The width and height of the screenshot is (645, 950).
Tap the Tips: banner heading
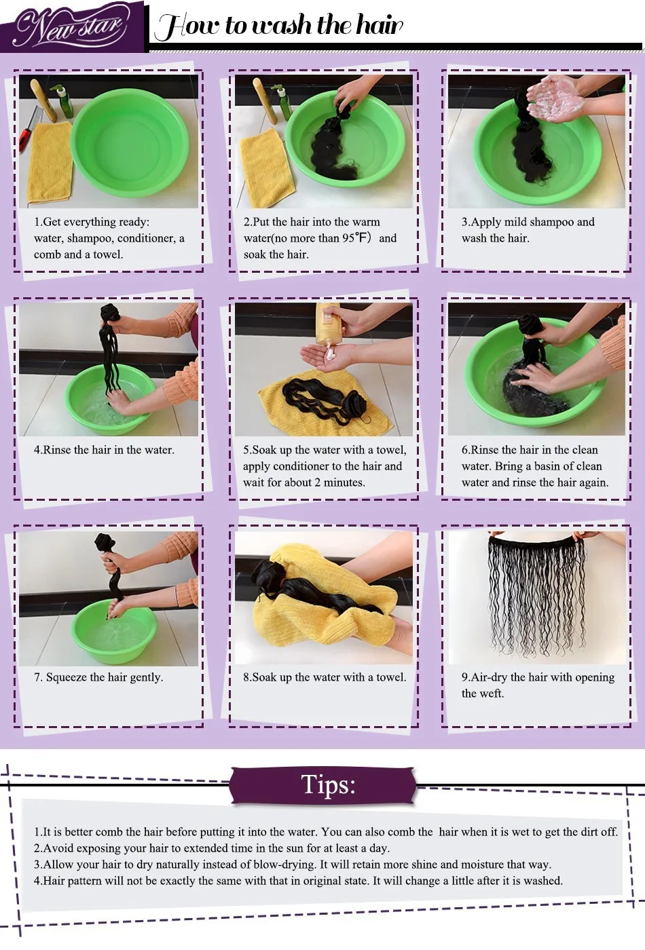327,784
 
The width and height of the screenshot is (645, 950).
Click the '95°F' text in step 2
354,238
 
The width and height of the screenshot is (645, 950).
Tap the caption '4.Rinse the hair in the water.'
104,449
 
